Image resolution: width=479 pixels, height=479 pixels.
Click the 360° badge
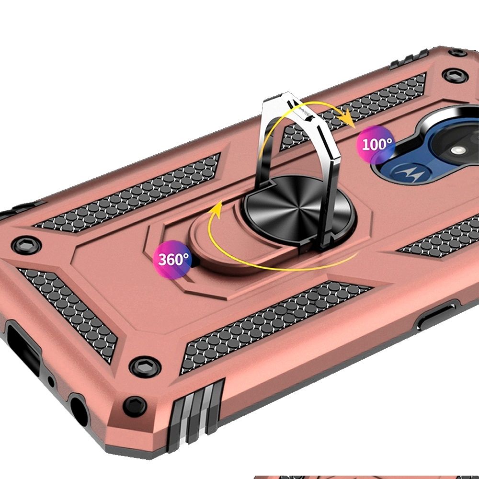pos(173,259)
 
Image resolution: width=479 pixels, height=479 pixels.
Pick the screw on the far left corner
pos(26,245)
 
